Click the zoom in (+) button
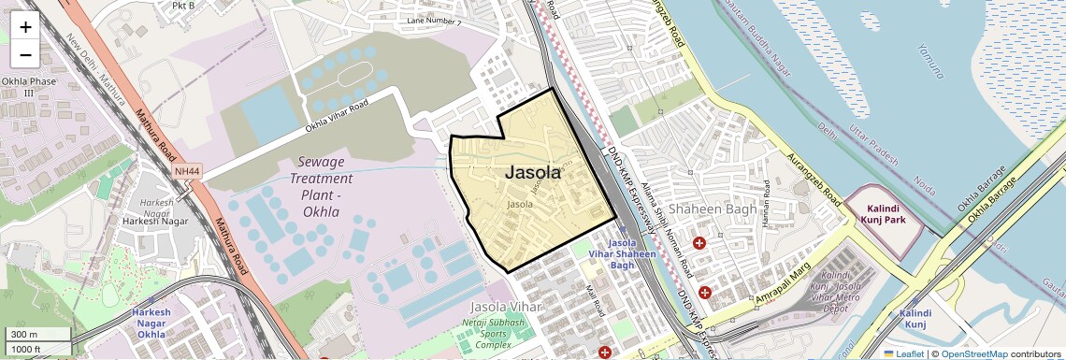(25, 27)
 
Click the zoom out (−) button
(25, 55)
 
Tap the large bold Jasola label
(533, 172)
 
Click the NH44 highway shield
(187, 171)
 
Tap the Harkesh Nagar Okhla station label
(151, 322)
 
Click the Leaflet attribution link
(903, 353)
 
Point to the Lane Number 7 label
(436, 21)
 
